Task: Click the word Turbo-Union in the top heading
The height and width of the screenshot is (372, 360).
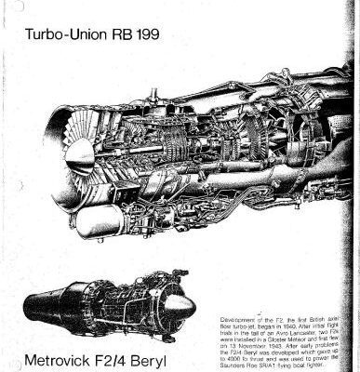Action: (x=64, y=38)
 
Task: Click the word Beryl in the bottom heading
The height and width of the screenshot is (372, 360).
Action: (x=164, y=356)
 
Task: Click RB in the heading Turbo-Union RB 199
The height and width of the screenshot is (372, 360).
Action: (x=124, y=38)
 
